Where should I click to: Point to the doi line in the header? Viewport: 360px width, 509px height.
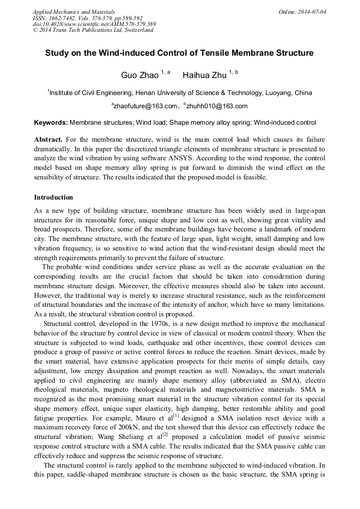click(x=94, y=24)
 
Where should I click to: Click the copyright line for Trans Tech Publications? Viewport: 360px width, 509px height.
click(x=93, y=30)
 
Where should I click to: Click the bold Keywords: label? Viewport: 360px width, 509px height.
click(x=51, y=123)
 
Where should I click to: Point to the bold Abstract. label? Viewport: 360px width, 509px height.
click(x=49, y=139)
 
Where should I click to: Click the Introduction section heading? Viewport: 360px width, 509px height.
click(x=54, y=197)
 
